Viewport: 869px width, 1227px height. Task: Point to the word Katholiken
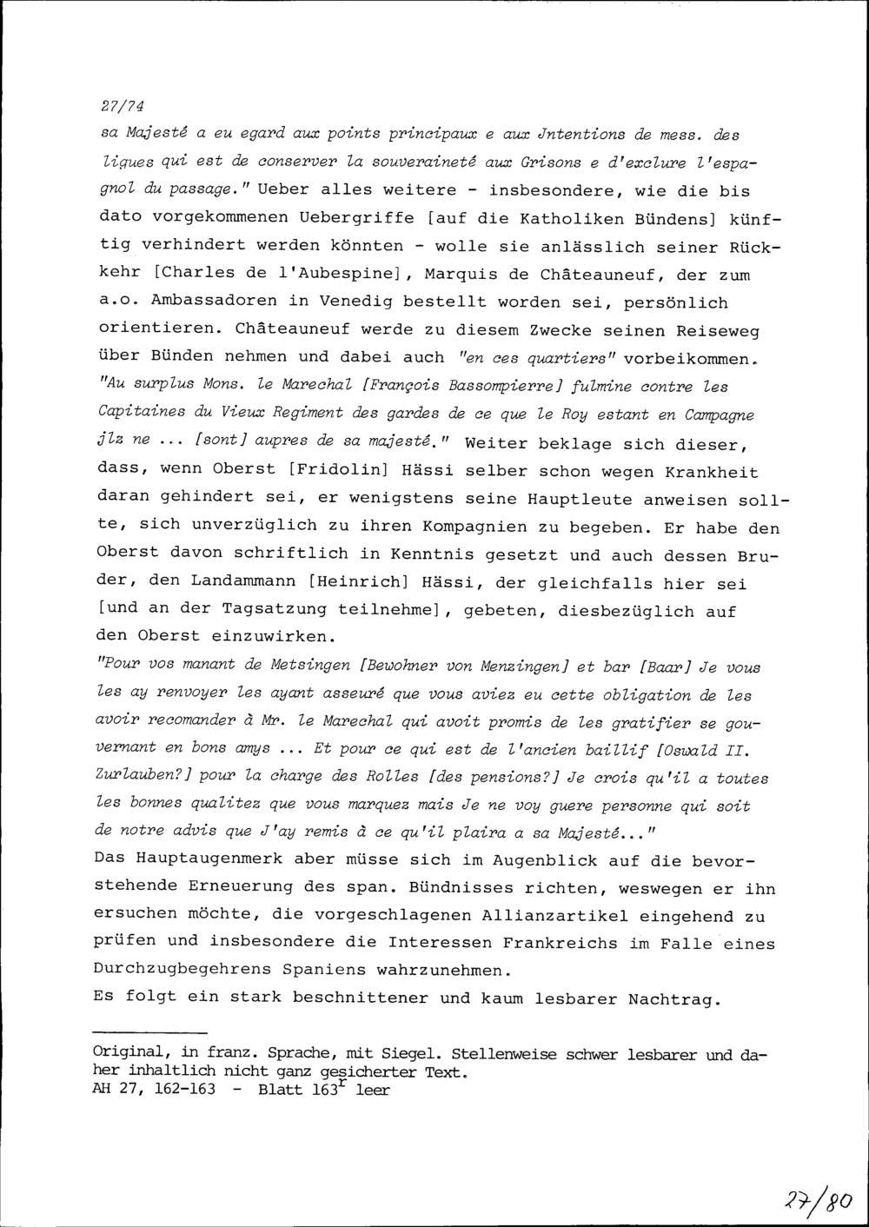coord(409,219)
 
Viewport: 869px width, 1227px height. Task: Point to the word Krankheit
coord(711,472)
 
